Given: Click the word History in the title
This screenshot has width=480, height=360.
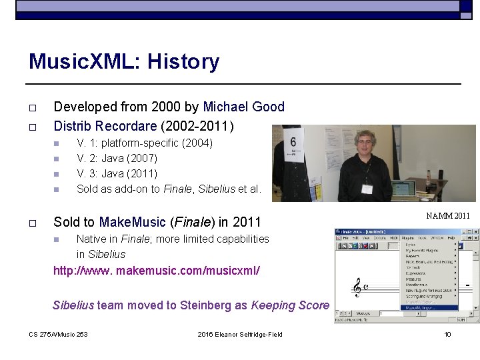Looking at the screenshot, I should click(183, 62).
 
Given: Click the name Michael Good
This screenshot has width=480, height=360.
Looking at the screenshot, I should click(243, 107).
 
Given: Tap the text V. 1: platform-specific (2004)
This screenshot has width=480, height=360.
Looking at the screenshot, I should click(145, 143).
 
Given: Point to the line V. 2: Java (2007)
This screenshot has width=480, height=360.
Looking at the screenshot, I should click(117, 158).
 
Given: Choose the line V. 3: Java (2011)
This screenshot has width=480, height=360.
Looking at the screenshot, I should click(117, 173).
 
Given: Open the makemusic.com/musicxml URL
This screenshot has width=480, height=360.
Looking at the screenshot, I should click(157, 271).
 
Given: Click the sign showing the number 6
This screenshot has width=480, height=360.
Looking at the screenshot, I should click(293, 144).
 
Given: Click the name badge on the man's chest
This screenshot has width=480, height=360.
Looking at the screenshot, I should click(366, 188).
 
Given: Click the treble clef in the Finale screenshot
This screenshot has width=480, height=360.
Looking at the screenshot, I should click(357, 287).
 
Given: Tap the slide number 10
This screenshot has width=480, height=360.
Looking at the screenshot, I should click(448, 334).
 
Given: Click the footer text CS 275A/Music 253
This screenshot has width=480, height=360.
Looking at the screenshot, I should click(58, 334).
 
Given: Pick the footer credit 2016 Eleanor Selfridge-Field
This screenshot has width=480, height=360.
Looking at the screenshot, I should click(240, 334).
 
